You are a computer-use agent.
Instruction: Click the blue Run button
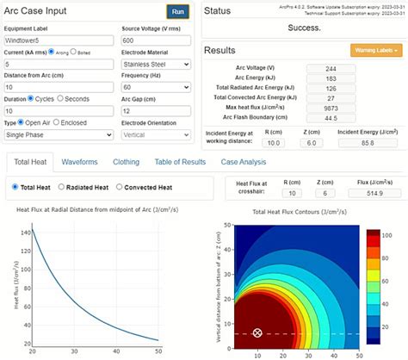click(x=177, y=11)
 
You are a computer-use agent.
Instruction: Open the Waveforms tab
click(x=79, y=162)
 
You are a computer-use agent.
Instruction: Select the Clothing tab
click(x=127, y=162)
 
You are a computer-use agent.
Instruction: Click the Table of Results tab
click(x=181, y=162)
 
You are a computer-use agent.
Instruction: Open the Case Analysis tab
click(x=245, y=162)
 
